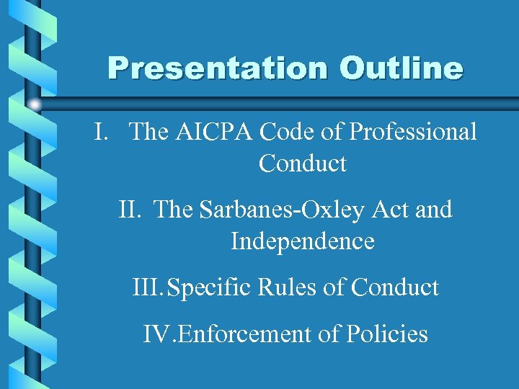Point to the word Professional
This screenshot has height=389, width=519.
click(x=412, y=133)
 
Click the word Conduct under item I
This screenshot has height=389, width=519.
click(x=302, y=164)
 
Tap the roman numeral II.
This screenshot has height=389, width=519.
click(x=130, y=210)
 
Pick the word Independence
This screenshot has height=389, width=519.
click(x=302, y=241)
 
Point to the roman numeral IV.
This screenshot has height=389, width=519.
click(x=156, y=334)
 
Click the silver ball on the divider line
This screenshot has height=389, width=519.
click(x=35, y=104)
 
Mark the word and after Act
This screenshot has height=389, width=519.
click(x=432, y=210)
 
